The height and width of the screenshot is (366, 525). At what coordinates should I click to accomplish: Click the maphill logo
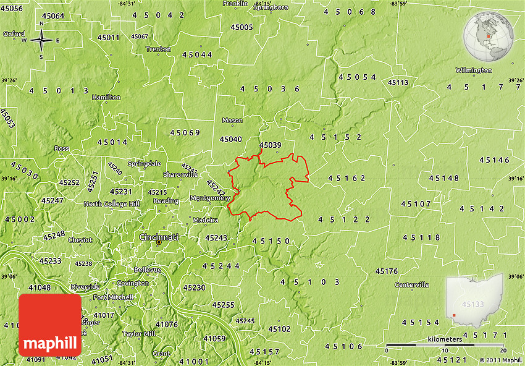(x=49, y=325)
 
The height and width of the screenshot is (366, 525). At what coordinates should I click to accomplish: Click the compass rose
(x=41, y=41)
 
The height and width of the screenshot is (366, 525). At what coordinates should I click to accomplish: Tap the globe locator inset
(x=489, y=37)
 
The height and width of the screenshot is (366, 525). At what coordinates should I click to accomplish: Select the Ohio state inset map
(x=474, y=302)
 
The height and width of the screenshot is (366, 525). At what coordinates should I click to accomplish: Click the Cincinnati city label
(x=159, y=237)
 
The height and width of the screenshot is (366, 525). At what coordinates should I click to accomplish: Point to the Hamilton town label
(x=106, y=98)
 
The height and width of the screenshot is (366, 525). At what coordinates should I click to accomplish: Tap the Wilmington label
(x=474, y=70)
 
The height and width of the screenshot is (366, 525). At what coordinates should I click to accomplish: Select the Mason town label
(x=232, y=121)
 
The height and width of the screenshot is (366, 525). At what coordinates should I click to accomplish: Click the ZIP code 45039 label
(x=270, y=145)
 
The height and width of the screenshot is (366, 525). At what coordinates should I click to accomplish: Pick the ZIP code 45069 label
(x=185, y=133)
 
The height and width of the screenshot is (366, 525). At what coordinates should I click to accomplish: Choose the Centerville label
(x=411, y=285)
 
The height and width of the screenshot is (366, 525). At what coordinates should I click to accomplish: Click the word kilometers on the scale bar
(x=444, y=339)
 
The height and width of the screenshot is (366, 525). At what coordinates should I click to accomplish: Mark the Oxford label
(x=14, y=34)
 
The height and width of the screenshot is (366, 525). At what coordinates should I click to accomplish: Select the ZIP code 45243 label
(x=216, y=238)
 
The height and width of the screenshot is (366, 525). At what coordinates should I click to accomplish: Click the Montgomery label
(x=210, y=198)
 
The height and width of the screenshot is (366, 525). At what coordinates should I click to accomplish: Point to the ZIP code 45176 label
(x=387, y=271)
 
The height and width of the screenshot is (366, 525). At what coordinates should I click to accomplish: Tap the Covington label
(x=132, y=283)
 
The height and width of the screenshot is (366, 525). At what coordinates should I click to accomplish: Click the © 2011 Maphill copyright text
(x=500, y=360)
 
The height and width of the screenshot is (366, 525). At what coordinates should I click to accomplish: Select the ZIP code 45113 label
(x=398, y=82)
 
